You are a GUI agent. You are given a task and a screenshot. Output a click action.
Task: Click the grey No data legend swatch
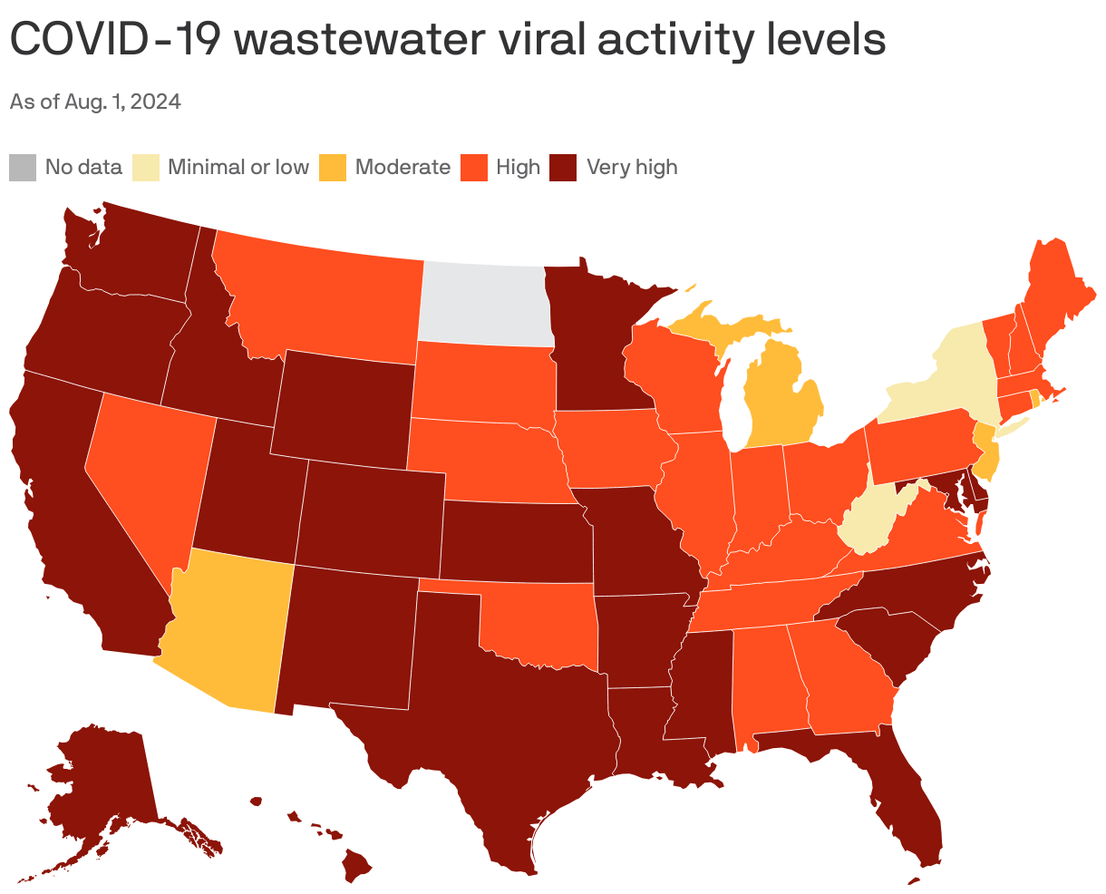(23, 168)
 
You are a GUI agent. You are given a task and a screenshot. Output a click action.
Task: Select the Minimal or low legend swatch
(146, 168)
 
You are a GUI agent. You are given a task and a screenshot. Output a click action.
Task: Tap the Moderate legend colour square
(333, 168)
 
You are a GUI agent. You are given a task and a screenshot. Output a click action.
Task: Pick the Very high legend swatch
(564, 168)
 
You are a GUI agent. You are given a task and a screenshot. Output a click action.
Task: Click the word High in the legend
(518, 168)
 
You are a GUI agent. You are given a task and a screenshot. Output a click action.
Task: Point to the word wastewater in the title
(343, 40)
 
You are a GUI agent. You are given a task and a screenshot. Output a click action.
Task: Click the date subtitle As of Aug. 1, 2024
(95, 102)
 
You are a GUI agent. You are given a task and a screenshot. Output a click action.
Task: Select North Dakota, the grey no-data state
(485, 304)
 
